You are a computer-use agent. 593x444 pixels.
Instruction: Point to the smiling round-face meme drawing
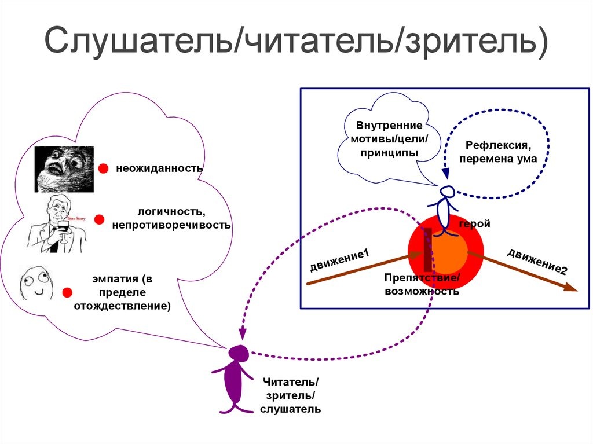tap(36, 284)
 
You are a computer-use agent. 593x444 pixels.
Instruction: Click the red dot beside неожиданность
tap(103, 168)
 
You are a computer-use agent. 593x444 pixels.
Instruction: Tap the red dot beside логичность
tap(99, 219)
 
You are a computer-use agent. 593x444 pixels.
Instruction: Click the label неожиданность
tap(159, 168)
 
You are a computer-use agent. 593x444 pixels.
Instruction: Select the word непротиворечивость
tap(171, 225)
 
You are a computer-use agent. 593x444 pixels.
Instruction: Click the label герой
tap(474, 224)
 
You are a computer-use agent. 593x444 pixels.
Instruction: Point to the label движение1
tap(339, 260)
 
